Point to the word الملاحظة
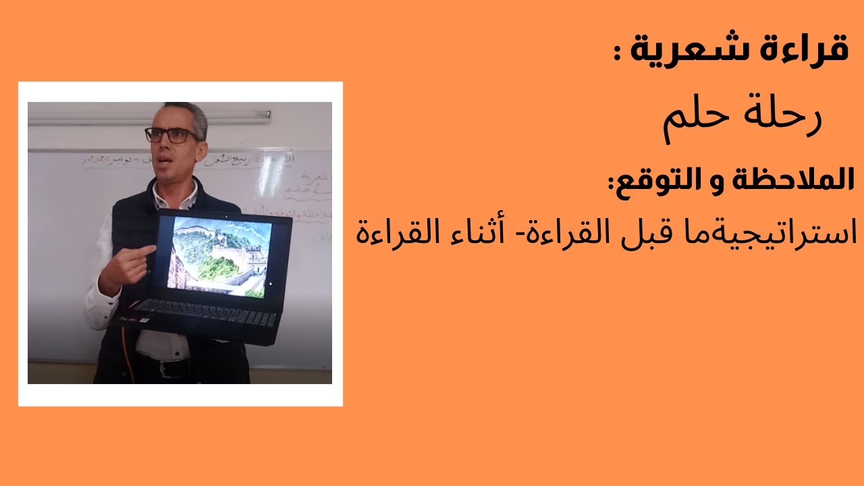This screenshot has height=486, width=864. pyautogui.click(x=793, y=180)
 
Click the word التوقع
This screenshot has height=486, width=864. pyautogui.click(x=655, y=180)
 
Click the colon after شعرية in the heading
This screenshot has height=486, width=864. pyautogui.click(x=618, y=54)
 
